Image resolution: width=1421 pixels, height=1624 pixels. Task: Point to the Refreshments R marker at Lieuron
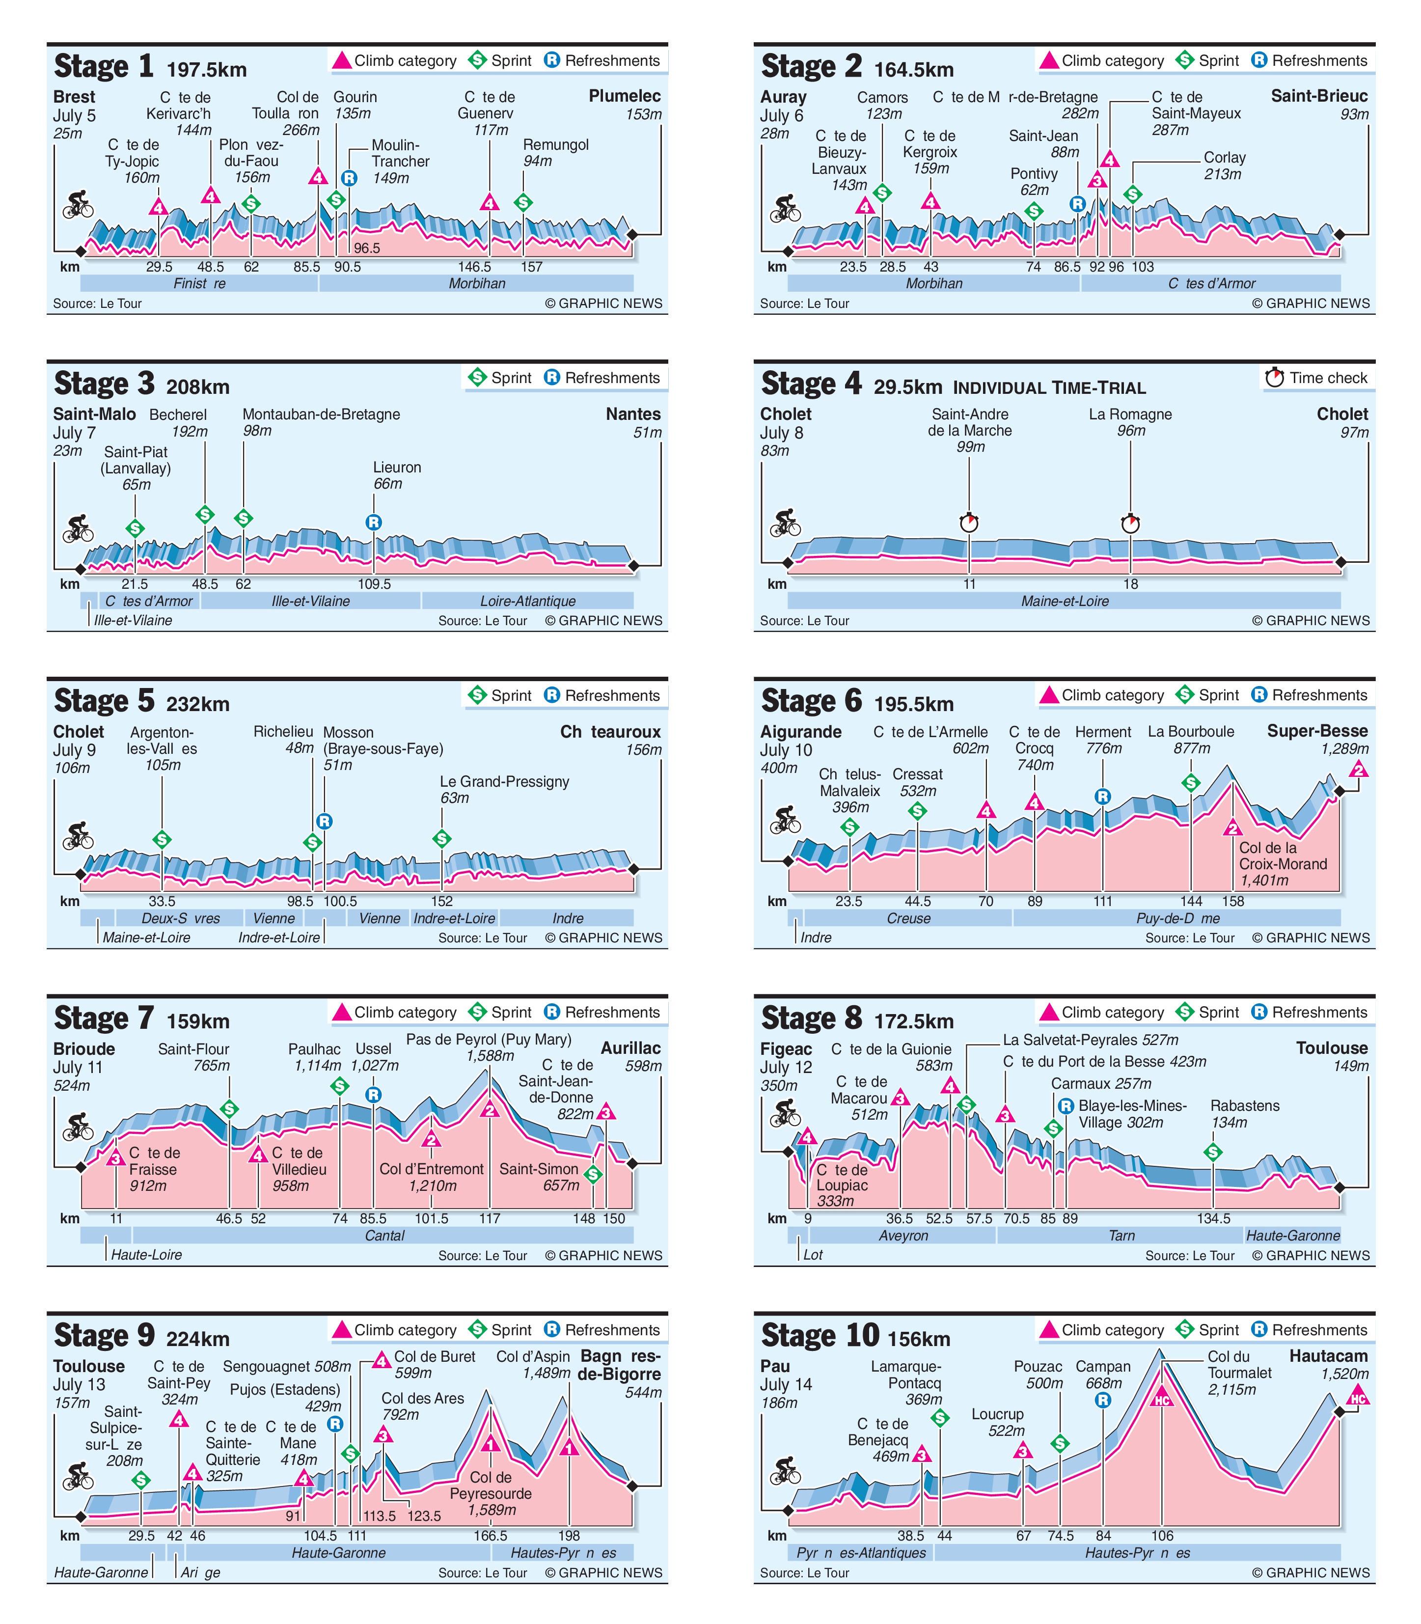pyautogui.click(x=374, y=522)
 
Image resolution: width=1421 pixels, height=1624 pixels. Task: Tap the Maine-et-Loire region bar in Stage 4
pyautogui.click(x=1064, y=601)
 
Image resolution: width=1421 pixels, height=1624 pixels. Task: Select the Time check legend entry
pyautogui.click(x=1317, y=378)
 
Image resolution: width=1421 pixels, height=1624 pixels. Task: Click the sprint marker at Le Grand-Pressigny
pyautogui.click(x=442, y=838)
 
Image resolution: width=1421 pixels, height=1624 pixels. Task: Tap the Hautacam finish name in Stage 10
pyautogui.click(x=1328, y=1356)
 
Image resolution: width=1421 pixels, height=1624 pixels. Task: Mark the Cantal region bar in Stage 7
pyautogui.click(x=384, y=1236)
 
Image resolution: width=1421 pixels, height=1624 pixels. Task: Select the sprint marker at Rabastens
pyautogui.click(x=1212, y=1152)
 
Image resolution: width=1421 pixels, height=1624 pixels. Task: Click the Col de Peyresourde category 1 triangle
pyautogui.click(x=491, y=1444)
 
